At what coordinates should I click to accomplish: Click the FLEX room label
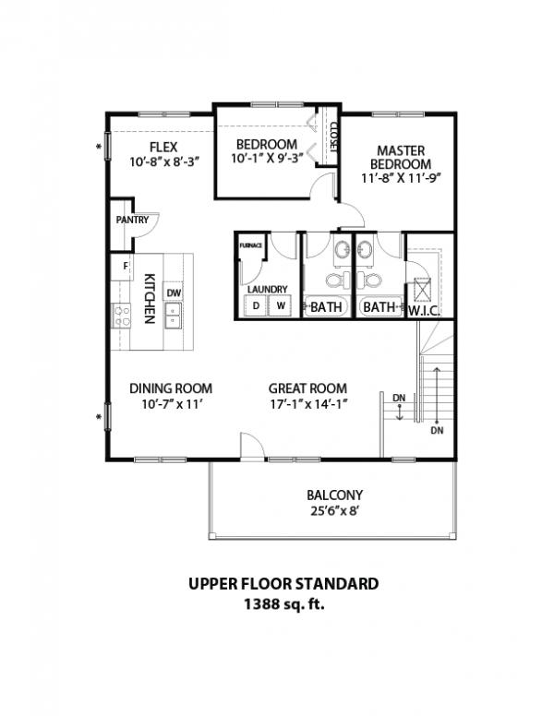point(163,147)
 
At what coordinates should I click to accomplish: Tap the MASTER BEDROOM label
point(401,157)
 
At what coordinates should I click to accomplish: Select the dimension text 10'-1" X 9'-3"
point(267,159)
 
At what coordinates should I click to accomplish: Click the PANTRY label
point(132,220)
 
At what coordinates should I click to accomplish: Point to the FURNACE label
point(251,245)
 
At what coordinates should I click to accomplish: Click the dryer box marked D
point(256,305)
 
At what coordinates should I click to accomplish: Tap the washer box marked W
point(280,305)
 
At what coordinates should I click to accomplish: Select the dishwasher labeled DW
point(174,293)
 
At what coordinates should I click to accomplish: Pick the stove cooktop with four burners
point(122,316)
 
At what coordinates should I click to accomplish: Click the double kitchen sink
point(173,315)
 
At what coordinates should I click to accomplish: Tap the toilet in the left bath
point(339,280)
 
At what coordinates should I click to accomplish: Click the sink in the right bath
point(365,250)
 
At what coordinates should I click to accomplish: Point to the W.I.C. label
point(424,312)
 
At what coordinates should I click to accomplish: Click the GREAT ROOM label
point(307,388)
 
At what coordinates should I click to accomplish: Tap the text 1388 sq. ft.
point(283,604)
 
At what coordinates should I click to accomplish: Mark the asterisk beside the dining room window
point(98,417)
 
